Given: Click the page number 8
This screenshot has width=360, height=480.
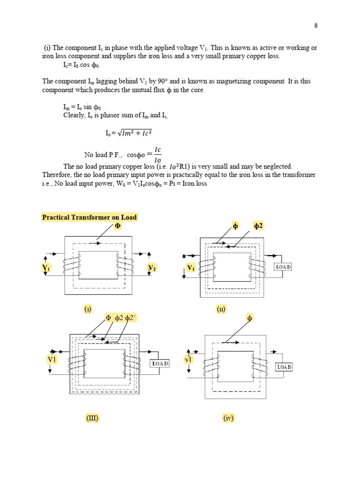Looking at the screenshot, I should tap(316, 26).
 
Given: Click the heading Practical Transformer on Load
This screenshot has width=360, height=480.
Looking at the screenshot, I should tap(89, 217).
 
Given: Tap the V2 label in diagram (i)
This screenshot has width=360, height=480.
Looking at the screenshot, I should tap(152, 268).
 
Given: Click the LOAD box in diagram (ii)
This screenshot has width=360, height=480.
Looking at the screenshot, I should tap(283, 267).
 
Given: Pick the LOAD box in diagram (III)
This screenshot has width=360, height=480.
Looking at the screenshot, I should tap(159, 363).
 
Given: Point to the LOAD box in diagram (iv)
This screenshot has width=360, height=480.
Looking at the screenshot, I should tap(284, 367).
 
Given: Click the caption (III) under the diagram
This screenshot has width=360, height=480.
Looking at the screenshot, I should tap(92, 418).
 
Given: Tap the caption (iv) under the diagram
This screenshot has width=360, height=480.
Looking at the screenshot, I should tap(228, 418).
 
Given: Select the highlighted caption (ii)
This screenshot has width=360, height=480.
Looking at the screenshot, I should tap(221, 309).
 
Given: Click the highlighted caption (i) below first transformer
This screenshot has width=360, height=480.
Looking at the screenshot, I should tap(88, 309).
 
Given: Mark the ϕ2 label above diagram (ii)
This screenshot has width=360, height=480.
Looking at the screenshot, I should tap(259, 226).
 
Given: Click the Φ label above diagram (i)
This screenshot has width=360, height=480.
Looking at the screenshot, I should tap(118, 226).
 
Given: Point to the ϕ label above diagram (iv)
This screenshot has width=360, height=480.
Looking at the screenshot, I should tap(249, 318).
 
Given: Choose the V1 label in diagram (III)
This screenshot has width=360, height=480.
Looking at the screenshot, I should tap(52, 359).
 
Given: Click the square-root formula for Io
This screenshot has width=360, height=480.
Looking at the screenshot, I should tap(129, 133).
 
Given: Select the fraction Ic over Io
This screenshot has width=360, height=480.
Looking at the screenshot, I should tap(157, 155).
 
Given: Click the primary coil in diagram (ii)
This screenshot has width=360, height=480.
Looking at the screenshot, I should tap(206, 267).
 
